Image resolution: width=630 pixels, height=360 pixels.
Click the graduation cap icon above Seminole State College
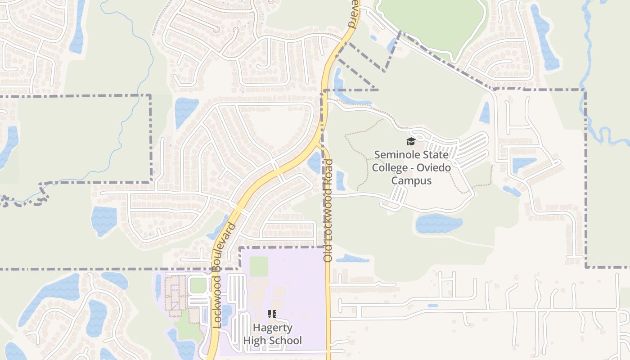tap(411, 142)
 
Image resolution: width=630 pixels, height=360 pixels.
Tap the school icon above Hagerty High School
tap(272, 314)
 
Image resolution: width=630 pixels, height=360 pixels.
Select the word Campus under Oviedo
tap(411, 180)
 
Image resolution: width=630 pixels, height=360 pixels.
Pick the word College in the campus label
tap(389, 167)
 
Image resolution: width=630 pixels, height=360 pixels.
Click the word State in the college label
tap(436, 155)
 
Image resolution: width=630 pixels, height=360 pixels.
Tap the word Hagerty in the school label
tap(272, 328)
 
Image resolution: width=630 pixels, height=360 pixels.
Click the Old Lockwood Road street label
tap(328, 211)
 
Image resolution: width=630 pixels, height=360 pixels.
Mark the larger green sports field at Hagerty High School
tap(259, 266)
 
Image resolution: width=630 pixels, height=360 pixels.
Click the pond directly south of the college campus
tap(438, 224)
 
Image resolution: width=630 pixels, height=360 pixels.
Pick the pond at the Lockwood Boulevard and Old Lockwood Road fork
tap(314, 162)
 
